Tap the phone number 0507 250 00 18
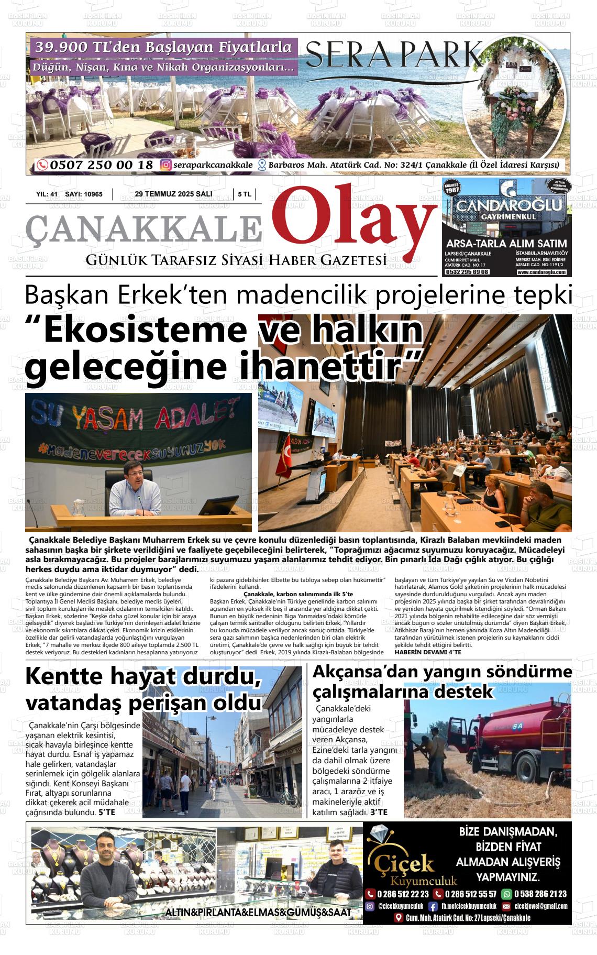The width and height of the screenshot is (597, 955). click(102, 165)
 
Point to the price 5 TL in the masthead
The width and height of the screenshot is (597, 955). click(245, 194)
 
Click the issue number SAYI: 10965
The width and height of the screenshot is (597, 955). click(84, 194)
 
